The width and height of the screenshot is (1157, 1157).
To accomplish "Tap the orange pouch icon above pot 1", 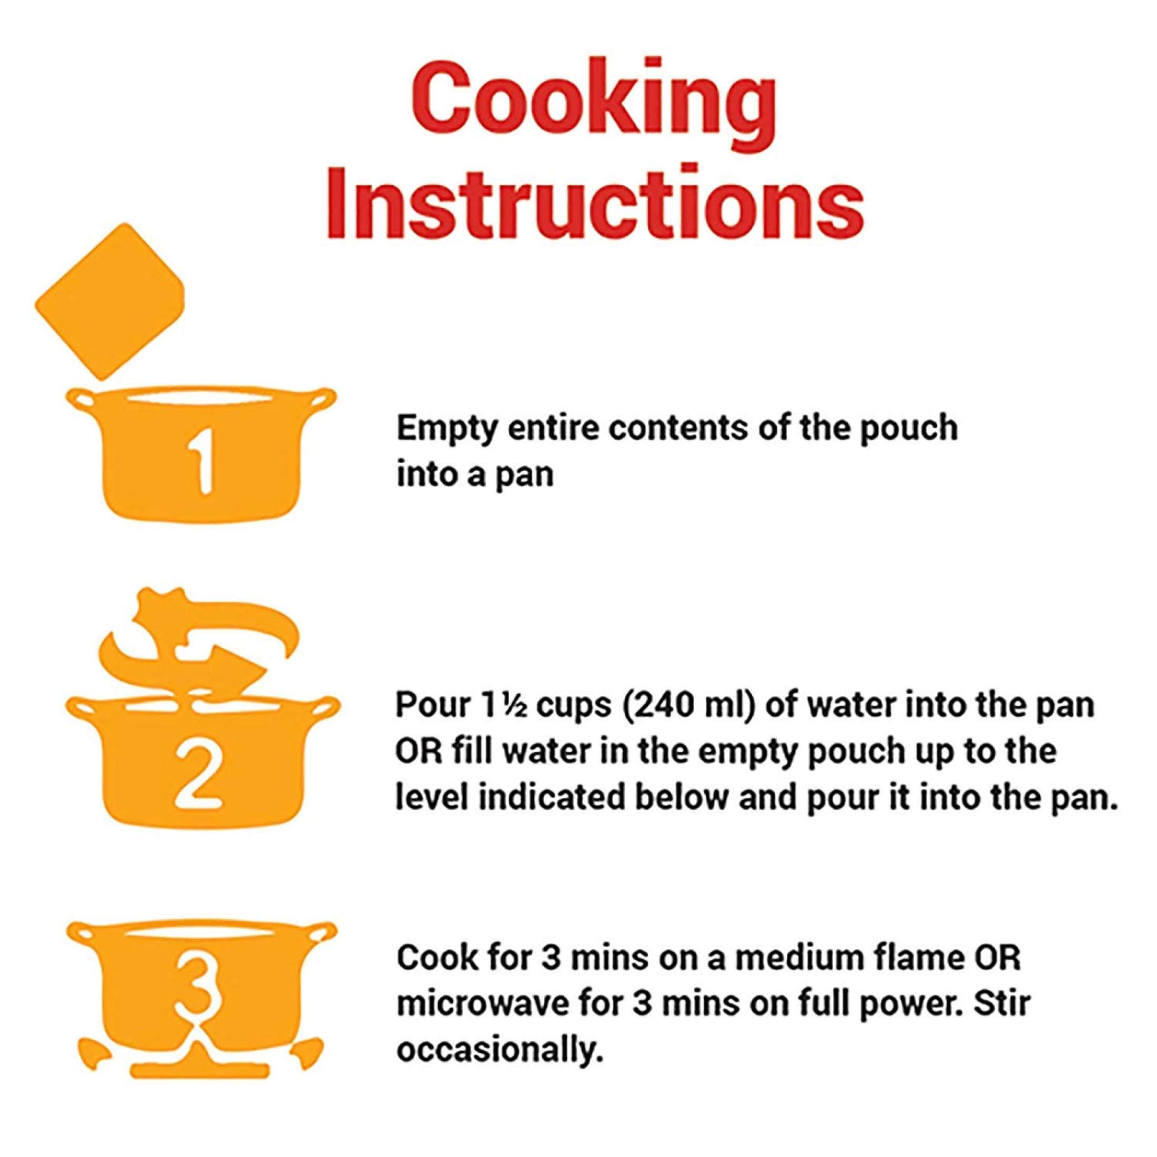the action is (x=109, y=301).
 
